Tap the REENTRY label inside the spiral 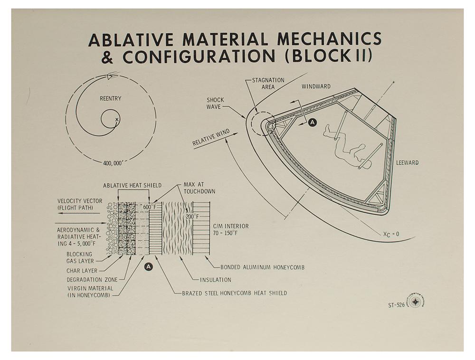(110, 99)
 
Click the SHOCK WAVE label (215, 103)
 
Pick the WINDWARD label (316, 86)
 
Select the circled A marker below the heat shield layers (149, 267)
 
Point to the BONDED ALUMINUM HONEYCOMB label (262, 267)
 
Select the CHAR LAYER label (82, 271)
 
